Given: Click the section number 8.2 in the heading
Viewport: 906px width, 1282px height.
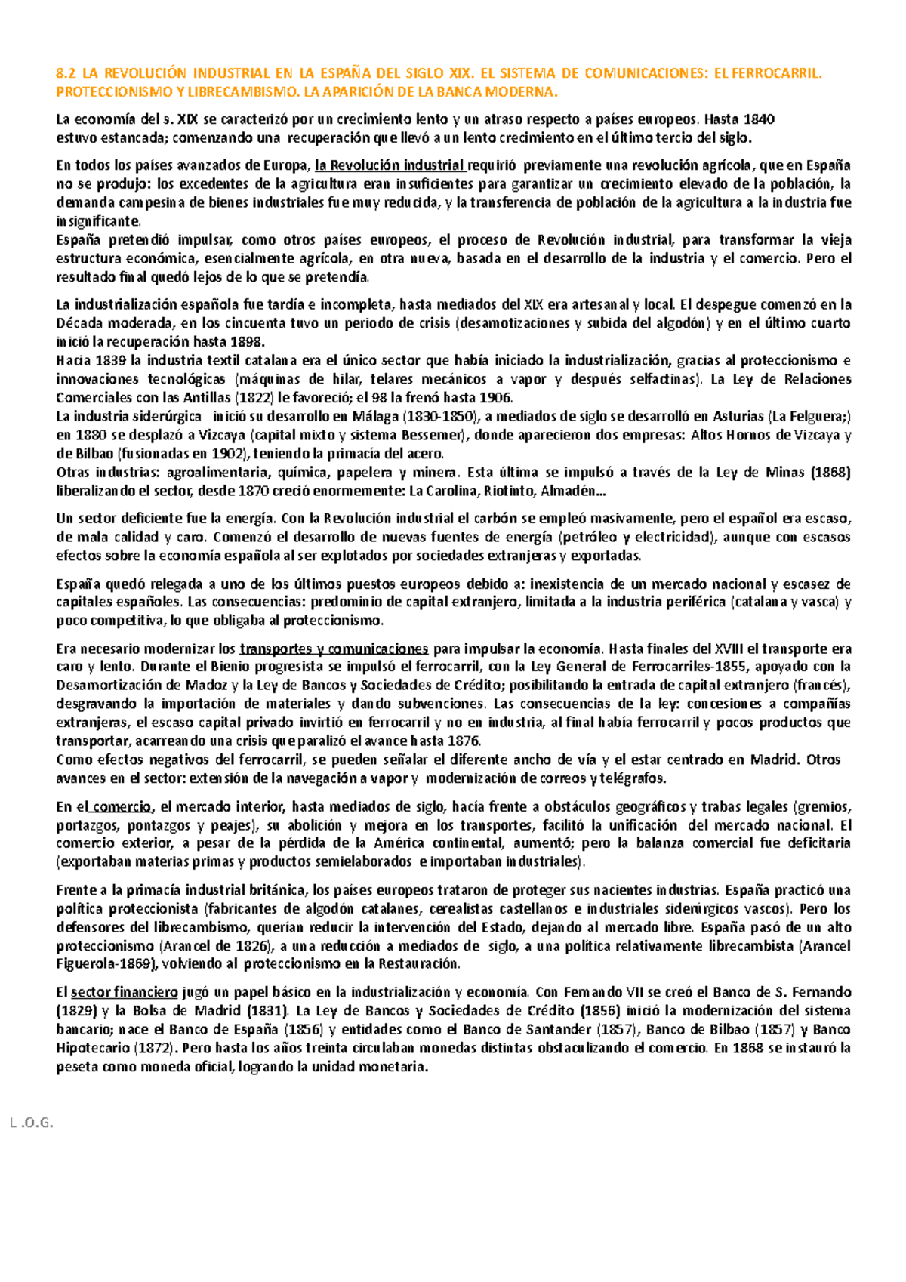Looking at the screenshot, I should [66, 74].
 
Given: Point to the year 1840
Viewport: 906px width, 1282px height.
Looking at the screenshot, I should [759, 119].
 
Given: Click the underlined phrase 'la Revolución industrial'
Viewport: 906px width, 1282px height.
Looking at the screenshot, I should [390, 165].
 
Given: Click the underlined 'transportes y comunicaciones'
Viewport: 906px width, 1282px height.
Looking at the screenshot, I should [334, 649].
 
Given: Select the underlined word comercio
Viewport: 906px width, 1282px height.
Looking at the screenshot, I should [122, 807].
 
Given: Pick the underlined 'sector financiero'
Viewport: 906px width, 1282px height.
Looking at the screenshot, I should [125, 992].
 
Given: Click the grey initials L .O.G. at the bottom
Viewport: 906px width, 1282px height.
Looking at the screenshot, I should [32, 1123].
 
